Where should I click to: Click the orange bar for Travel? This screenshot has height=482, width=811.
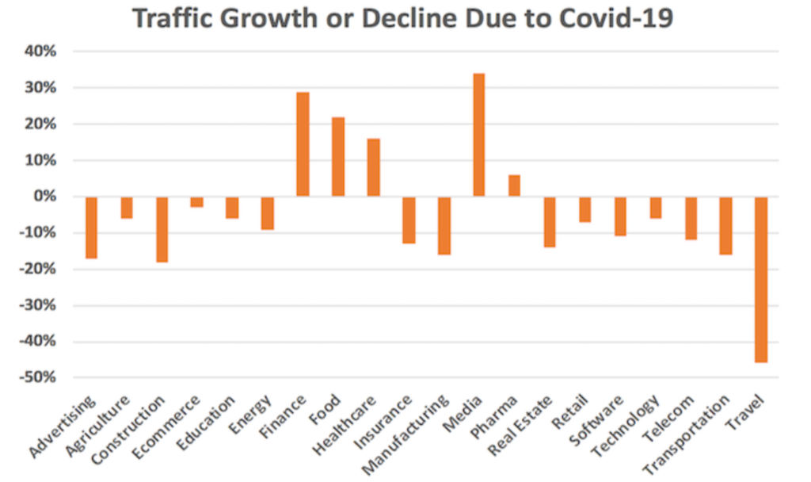pos(760,279)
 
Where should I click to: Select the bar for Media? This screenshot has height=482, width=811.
pos(478,135)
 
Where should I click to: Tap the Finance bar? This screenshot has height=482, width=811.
pos(303,144)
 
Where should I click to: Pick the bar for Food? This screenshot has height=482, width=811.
pos(338,157)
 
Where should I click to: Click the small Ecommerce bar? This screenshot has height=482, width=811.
pos(196,202)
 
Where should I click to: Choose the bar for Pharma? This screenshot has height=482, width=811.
pos(514,186)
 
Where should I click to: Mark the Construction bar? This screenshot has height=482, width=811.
pos(162,229)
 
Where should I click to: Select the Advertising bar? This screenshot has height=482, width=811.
pos(92,228)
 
